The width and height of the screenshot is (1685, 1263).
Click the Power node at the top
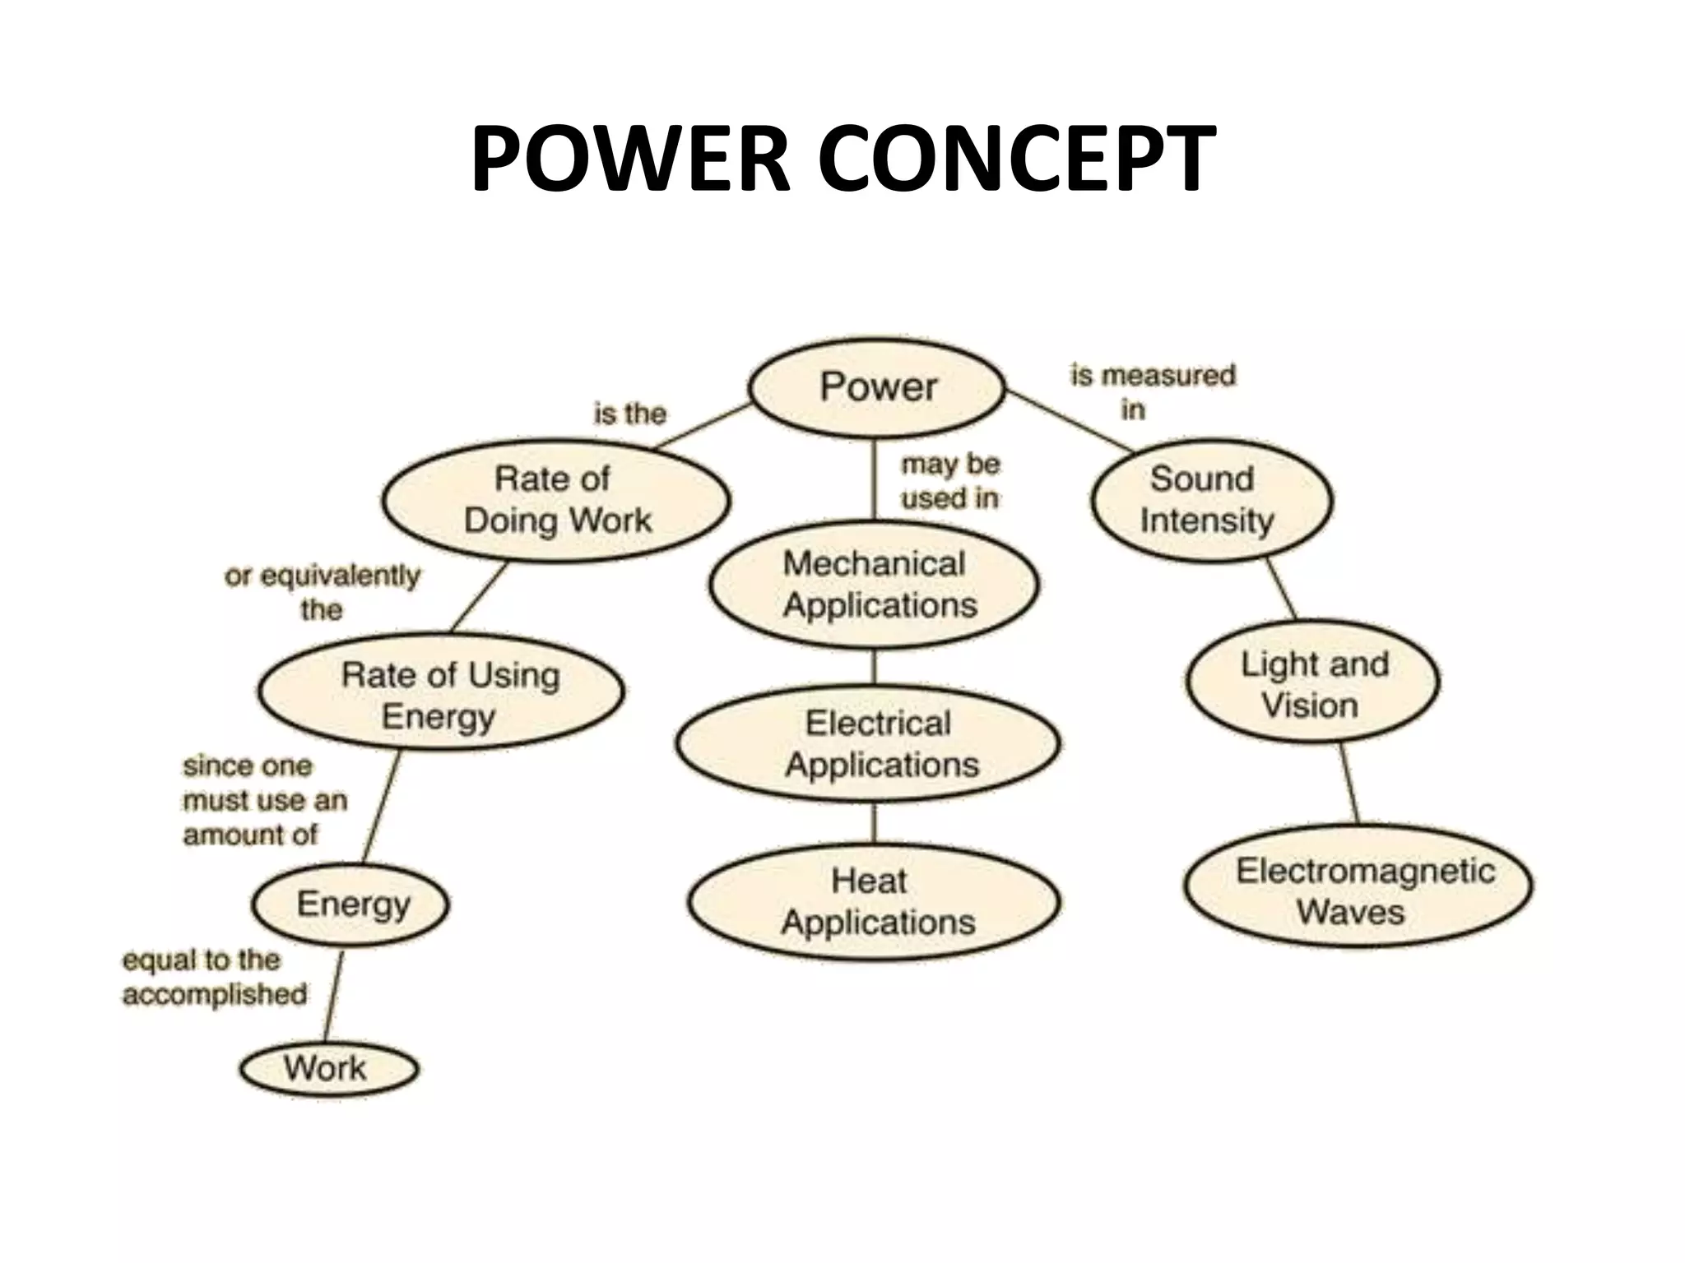877,387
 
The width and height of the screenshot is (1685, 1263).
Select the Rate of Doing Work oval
556,500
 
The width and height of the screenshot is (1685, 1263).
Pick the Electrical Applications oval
869,743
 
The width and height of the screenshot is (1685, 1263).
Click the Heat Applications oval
874,902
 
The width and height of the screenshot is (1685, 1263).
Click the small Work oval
328,1069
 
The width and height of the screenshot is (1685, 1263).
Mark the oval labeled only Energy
351,904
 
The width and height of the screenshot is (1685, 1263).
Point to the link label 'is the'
629,414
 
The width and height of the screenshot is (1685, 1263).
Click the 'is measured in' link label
1152,391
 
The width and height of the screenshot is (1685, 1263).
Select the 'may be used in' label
950,481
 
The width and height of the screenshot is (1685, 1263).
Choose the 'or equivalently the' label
322,592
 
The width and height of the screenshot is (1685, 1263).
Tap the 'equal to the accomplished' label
215,977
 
